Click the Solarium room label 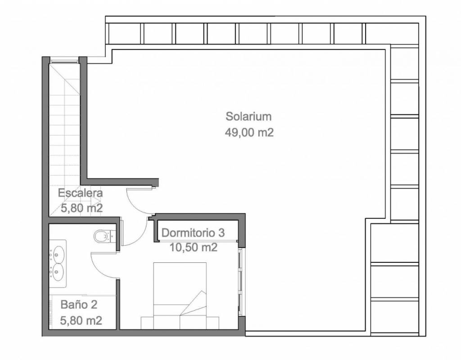(249, 117)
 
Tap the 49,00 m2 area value (249, 133)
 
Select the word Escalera (80, 193)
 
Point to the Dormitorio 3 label (193, 233)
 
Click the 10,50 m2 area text (194, 247)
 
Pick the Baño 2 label (79, 305)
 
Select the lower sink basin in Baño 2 (58, 270)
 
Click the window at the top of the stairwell (64, 61)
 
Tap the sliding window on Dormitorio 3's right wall (240, 282)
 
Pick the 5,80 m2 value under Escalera (81, 208)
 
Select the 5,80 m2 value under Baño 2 (81, 320)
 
